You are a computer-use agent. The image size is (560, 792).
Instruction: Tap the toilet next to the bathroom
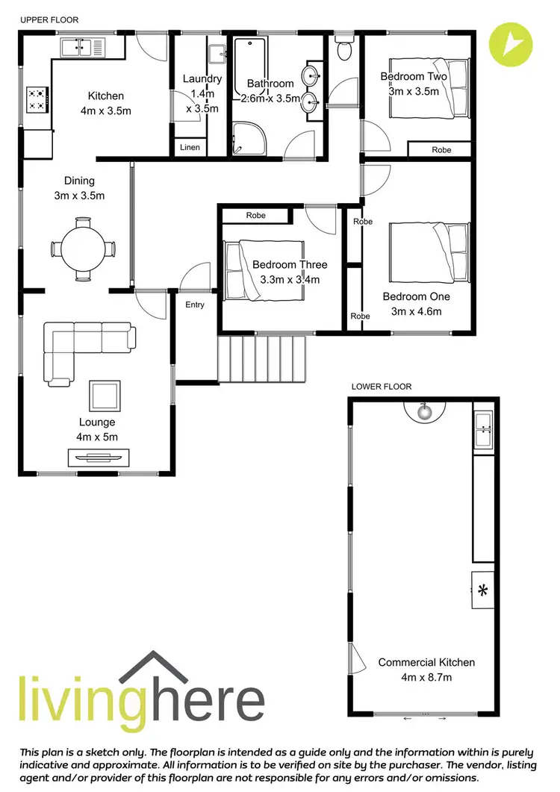pyautogui.click(x=344, y=49)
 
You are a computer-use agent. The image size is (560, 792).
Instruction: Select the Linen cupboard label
pyautogui.click(x=190, y=148)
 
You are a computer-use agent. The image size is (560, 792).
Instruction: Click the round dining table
pyautogui.click(x=83, y=249)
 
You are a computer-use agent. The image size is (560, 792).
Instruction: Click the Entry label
pyautogui.click(x=194, y=305)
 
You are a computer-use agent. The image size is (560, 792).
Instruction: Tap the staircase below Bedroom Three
pyautogui.click(x=262, y=358)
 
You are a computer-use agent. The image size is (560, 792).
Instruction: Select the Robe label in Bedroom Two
pyautogui.click(x=441, y=150)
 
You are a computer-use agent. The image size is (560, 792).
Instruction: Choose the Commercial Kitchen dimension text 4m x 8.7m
pyautogui.click(x=426, y=677)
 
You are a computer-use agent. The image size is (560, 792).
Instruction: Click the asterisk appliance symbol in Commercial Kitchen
pyautogui.click(x=482, y=591)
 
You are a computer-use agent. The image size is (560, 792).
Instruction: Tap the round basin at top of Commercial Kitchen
pyautogui.click(x=425, y=409)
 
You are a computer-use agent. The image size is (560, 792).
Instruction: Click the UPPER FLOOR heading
pyautogui.click(x=49, y=19)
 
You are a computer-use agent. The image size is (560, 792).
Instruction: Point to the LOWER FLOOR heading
pyautogui.click(x=382, y=387)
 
